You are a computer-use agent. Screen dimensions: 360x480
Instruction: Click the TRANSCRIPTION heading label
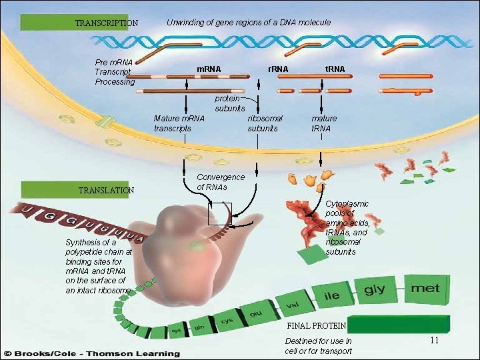point(106,23)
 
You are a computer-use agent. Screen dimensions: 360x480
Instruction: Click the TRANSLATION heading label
point(106,190)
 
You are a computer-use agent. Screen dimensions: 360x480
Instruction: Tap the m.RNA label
point(208,69)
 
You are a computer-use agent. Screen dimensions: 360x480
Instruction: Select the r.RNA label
point(277,69)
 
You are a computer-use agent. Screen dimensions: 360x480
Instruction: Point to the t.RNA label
point(335,69)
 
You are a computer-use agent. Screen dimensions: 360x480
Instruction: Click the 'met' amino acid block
point(425,289)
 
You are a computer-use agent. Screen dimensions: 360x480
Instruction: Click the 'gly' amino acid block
point(374,291)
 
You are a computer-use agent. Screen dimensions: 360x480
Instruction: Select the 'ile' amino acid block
point(331,296)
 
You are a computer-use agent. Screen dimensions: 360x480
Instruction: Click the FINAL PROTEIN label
point(315,326)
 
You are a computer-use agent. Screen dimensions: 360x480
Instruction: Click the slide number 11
point(433,341)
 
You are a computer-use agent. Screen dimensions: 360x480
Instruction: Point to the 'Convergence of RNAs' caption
point(221,182)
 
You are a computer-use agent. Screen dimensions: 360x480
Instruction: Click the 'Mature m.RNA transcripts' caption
point(179,123)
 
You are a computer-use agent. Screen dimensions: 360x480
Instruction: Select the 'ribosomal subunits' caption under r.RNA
point(265,123)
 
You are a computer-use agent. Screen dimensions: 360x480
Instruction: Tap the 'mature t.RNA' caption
point(324,123)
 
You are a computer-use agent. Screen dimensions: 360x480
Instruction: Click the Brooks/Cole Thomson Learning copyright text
point(92,353)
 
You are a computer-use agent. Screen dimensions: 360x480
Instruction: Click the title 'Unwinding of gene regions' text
point(248,23)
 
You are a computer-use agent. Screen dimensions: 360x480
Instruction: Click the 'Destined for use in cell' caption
point(318,346)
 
